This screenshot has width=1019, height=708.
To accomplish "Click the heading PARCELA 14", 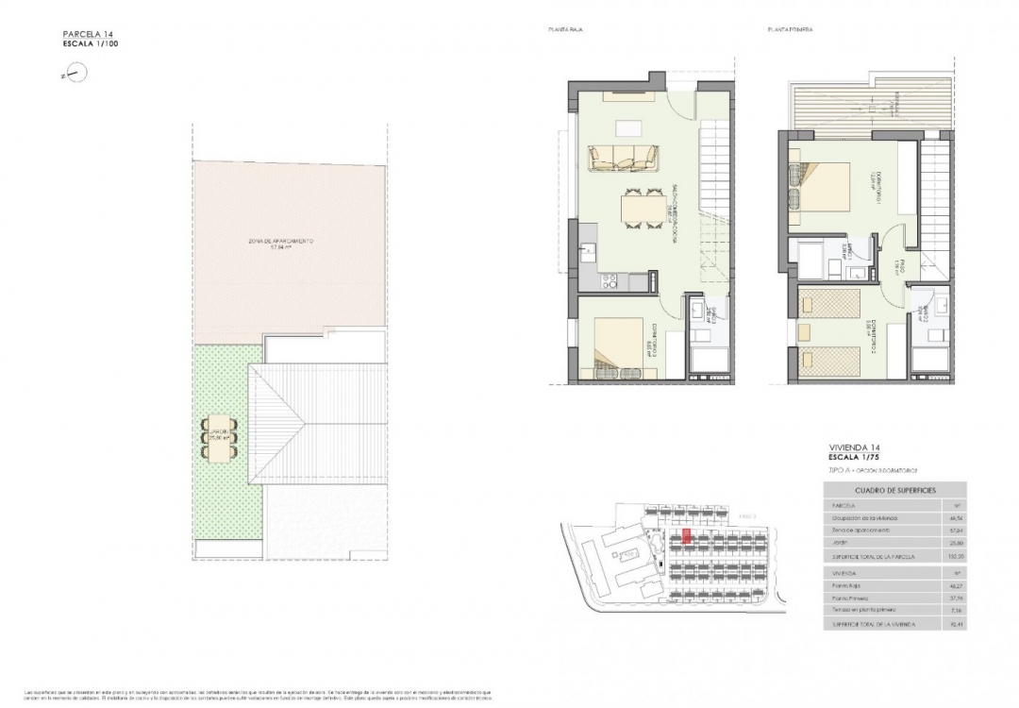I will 88,35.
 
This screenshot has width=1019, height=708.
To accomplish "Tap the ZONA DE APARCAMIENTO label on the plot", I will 280,243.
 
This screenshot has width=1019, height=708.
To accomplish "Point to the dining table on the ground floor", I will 642,205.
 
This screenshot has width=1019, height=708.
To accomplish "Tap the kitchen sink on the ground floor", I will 587,250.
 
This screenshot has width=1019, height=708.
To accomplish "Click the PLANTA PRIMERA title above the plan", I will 791,30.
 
